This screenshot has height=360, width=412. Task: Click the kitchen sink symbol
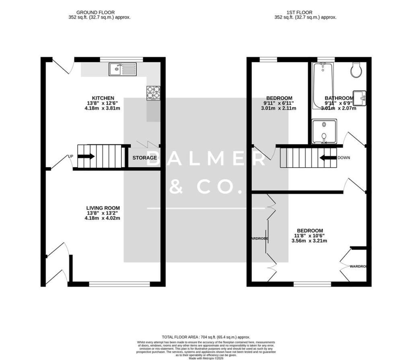[x=123, y=70]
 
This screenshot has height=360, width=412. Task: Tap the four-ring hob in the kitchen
[x=153, y=93]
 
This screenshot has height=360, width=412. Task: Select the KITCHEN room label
[x=103, y=98]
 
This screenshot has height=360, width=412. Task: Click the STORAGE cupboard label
[x=145, y=158]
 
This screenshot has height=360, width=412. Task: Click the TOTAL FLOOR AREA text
[x=206, y=337]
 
